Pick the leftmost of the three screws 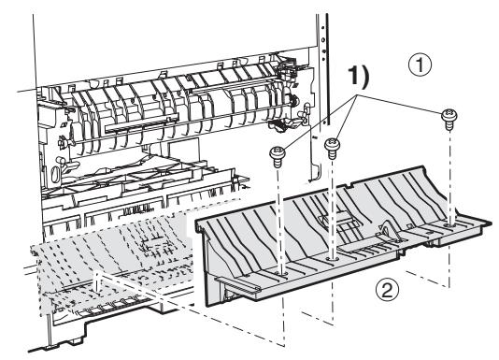coord(278,151)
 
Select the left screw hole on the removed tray coord(281,273)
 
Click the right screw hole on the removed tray coord(452,223)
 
